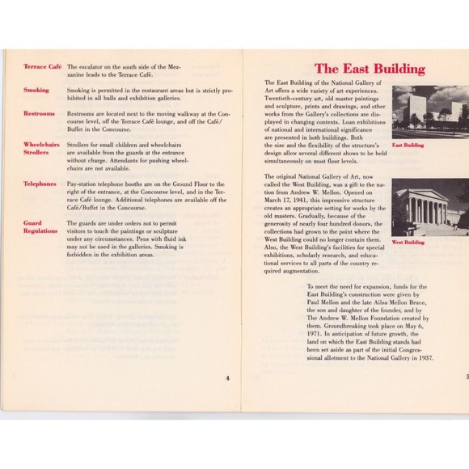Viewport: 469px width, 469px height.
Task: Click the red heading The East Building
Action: pyautogui.click(x=369, y=69)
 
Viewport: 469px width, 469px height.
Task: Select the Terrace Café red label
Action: pyautogui.click(x=42, y=66)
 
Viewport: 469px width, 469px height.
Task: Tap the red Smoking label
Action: pyautogui.click(x=36, y=91)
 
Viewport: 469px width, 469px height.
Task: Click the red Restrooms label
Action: pyautogui.click(x=40, y=114)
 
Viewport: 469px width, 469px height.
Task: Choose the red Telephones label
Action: pyautogui.click(x=40, y=184)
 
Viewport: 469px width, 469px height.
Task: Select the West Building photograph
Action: pyautogui.click(x=429, y=207)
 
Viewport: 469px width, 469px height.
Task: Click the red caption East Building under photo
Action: pyautogui.click(x=408, y=146)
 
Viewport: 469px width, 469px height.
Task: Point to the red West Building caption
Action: pyautogui.click(x=408, y=242)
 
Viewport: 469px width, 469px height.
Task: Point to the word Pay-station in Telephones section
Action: pyautogui.click(x=83, y=184)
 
